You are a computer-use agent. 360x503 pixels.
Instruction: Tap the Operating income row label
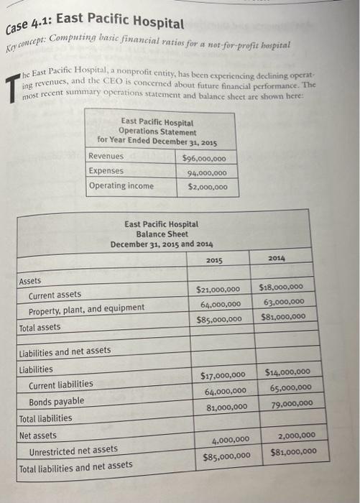point(121,185)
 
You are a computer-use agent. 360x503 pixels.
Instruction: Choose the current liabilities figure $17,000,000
point(221,375)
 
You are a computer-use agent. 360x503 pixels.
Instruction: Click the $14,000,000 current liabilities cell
point(287,372)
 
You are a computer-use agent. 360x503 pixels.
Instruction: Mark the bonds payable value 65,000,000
point(289,387)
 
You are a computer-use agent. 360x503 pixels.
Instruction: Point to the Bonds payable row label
point(56,401)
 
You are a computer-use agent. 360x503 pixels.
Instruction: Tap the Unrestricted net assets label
point(73,450)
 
